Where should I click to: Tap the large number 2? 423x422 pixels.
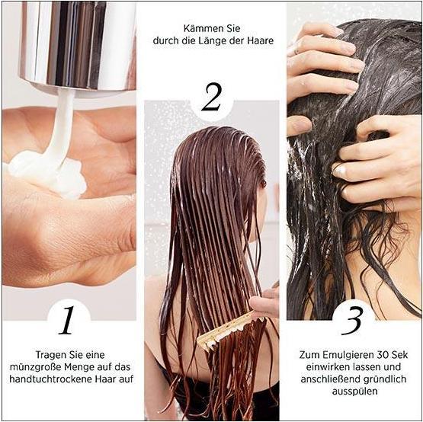[210, 98]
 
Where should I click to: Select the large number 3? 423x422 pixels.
[351, 321]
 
